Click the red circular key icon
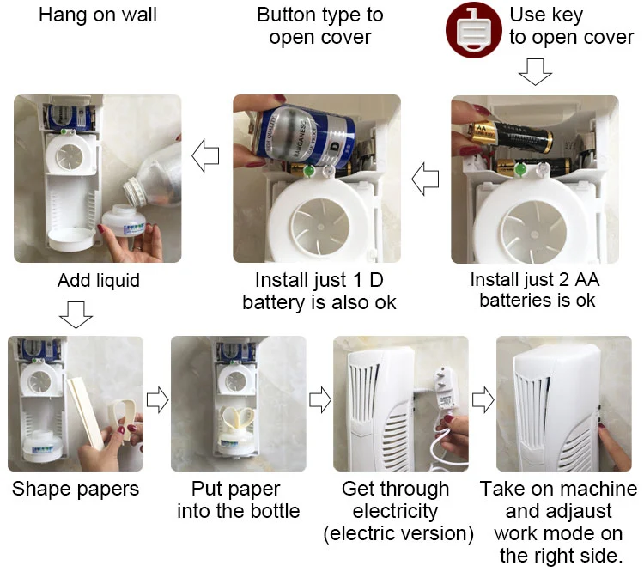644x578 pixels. (473, 30)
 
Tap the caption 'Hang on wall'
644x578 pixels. (98, 15)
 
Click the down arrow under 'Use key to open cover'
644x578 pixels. (535, 72)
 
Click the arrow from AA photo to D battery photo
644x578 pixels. (425, 179)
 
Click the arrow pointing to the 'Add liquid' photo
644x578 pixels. (205, 155)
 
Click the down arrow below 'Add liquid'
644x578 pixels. (76, 315)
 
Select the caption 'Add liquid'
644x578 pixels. (99, 281)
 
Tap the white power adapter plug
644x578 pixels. (445, 389)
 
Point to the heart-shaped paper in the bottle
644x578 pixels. (238, 417)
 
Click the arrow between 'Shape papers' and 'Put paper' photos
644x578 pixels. (157, 399)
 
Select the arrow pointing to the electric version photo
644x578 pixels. (320, 399)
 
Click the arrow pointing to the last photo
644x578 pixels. (483, 399)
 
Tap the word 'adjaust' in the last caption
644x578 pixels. (559, 512)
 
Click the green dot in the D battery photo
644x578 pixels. (309, 170)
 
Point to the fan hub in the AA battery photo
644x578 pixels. (534, 234)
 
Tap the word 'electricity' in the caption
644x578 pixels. (395, 512)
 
